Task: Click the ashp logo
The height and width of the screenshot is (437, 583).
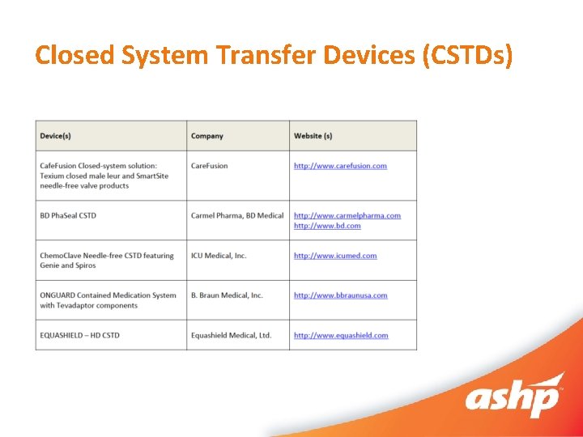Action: [513, 397]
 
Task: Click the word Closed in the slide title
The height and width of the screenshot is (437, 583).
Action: [75, 55]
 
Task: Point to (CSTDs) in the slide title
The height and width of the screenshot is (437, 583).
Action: [469, 55]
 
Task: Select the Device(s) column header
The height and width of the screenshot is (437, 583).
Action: [55, 136]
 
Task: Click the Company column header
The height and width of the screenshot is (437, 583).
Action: [207, 136]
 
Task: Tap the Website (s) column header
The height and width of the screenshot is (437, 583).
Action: [313, 136]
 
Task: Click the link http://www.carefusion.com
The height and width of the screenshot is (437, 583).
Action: [340, 166]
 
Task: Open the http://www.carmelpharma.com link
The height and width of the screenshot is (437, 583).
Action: [347, 215]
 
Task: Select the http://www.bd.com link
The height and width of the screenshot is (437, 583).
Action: [327, 226]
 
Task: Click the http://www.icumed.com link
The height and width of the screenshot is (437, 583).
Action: [335, 256]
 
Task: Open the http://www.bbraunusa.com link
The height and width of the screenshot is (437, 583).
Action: [340, 295]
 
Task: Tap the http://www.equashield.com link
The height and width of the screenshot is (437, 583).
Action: [341, 335]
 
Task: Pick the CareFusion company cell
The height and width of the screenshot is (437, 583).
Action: [210, 166]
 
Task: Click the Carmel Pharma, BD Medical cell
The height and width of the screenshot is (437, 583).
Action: [237, 215]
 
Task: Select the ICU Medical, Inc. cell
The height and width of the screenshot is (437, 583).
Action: [219, 256]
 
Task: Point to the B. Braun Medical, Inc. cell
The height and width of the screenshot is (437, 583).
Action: [227, 295]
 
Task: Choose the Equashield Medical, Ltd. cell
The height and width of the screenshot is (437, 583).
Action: [231, 335]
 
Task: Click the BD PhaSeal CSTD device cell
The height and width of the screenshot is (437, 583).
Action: [68, 215]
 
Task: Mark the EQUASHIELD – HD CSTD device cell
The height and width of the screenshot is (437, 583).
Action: [79, 335]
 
